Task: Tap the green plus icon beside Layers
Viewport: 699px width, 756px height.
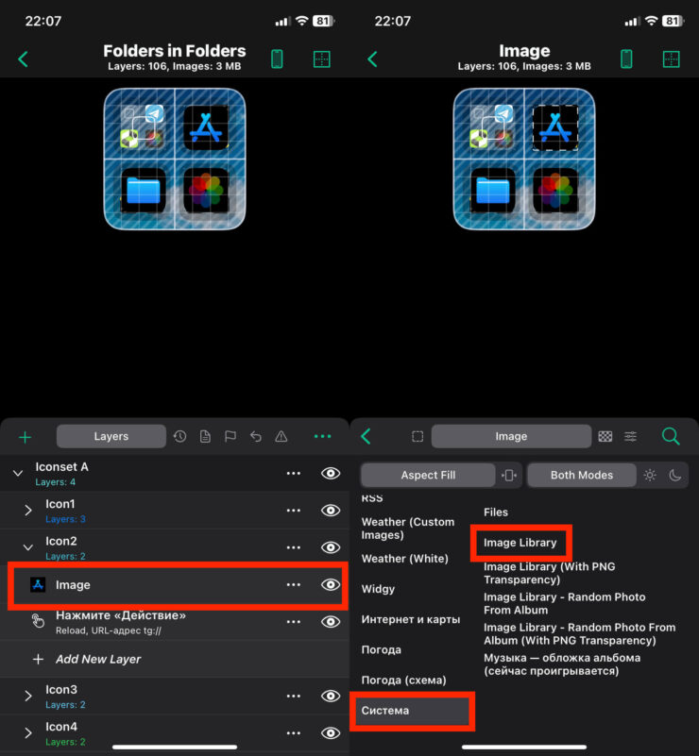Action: [26, 437]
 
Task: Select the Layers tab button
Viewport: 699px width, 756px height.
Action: [111, 436]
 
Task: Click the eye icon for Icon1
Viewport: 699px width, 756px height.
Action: [331, 510]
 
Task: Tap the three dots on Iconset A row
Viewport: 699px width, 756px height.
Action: [294, 474]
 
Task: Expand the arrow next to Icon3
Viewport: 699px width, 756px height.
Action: [28, 696]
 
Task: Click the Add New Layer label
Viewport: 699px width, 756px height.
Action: [98, 659]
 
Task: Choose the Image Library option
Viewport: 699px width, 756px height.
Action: [520, 543]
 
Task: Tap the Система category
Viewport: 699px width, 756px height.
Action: [385, 711]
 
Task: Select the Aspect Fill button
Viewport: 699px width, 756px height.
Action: [428, 476]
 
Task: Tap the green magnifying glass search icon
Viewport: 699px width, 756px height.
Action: [671, 436]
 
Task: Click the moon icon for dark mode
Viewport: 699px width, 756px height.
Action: [674, 476]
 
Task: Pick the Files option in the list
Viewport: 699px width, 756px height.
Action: [496, 512]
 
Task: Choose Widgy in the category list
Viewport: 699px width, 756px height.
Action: [378, 589]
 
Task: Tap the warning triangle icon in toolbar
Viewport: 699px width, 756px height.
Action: [281, 437]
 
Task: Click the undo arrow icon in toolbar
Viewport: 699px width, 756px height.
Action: [256, 437]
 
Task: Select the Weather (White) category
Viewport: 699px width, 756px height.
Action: [404, 559]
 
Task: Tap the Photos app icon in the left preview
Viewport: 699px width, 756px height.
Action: [207, 191]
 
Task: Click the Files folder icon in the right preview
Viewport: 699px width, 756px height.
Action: [492, 191]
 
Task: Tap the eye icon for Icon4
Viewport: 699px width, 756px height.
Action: [331, 732]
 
